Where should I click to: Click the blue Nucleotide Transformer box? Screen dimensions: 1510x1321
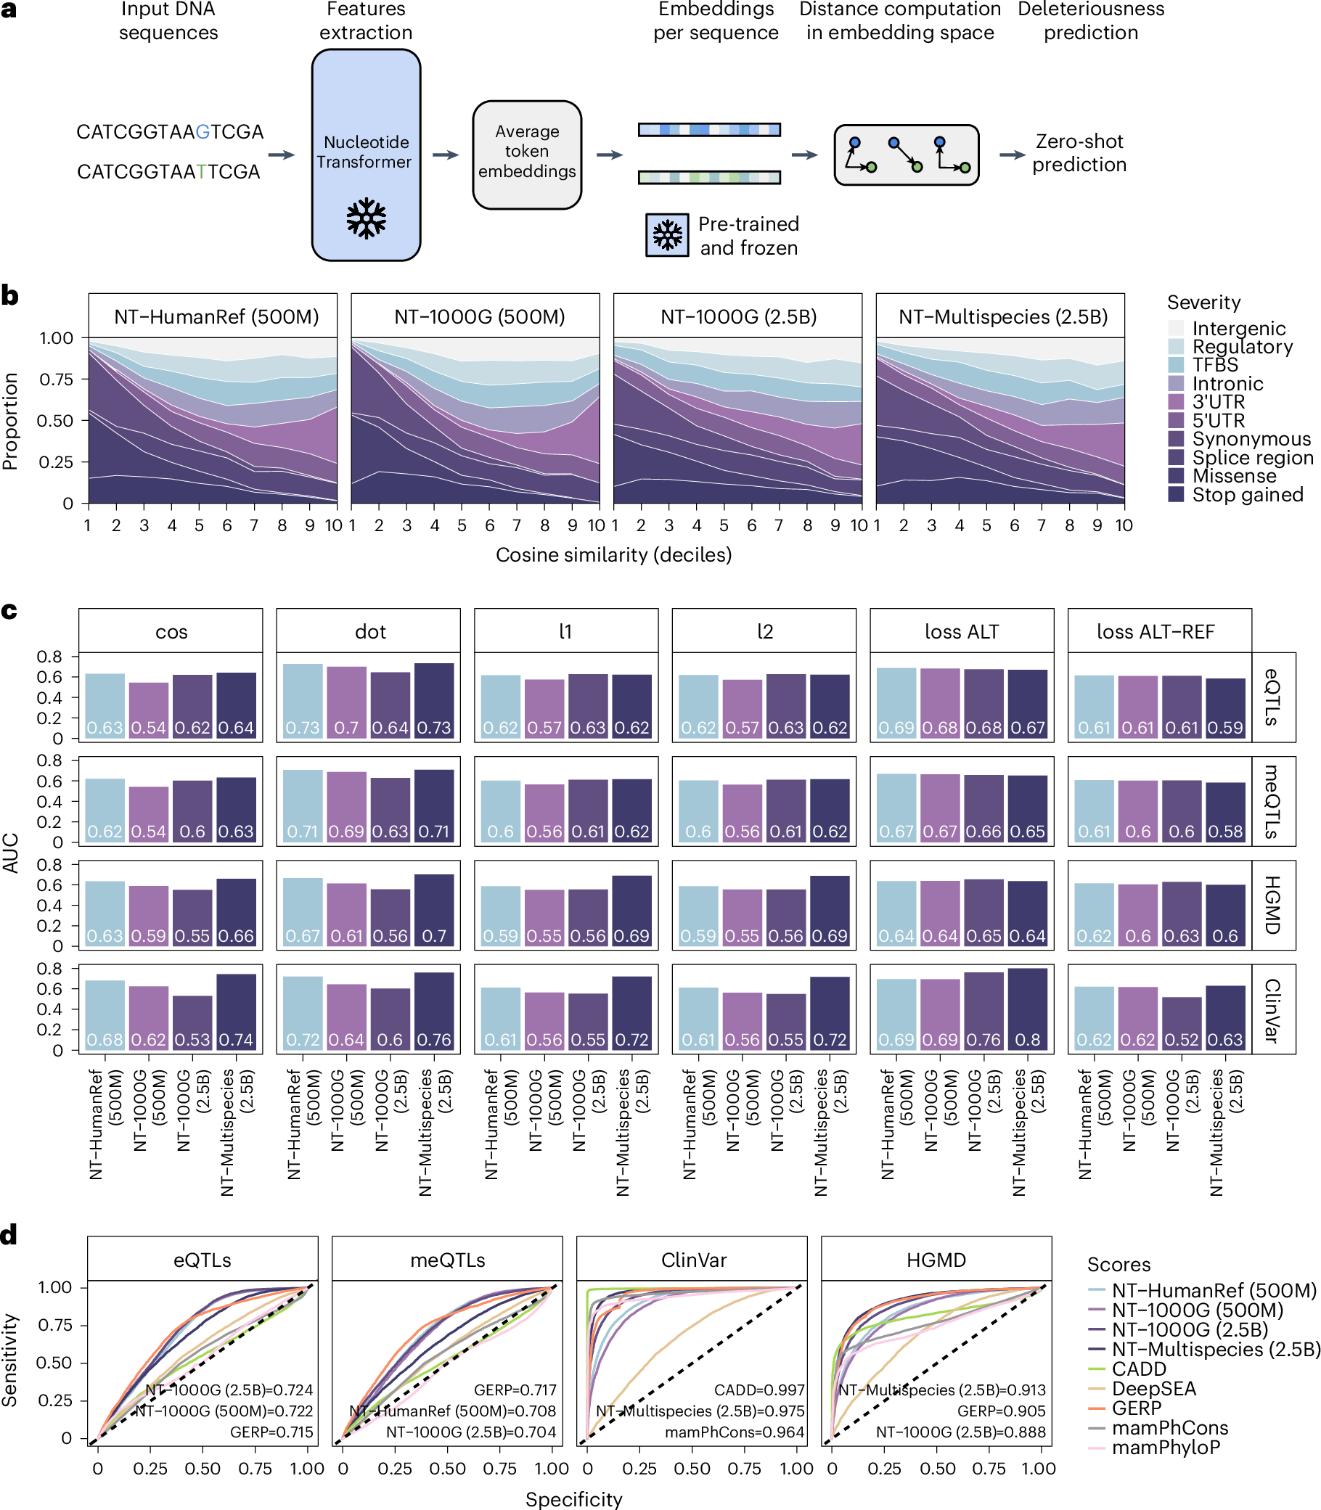pos(366,155)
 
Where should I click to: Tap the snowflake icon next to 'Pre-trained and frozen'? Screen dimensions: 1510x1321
pos(667,235)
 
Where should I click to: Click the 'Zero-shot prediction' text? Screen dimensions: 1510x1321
pos(1079,152)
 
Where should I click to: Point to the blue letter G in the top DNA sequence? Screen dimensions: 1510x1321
pos(203,132)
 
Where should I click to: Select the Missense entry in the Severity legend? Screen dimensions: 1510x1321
pos(1233,476)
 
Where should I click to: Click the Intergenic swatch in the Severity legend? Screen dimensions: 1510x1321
pos(1177,329)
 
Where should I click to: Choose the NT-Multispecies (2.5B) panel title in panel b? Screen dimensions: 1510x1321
pos(1002,317)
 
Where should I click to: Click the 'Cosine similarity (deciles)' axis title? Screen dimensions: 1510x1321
pos(613,554)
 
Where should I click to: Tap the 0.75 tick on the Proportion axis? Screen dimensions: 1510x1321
pos(56,379)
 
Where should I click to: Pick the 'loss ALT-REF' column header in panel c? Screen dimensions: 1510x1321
pos(1154,631)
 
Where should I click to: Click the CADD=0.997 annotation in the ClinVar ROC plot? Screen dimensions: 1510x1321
pos(758,1390)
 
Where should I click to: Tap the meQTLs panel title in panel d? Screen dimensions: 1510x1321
pos(447,1260)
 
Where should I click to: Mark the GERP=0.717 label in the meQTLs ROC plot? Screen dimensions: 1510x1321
pos(515,1390)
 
